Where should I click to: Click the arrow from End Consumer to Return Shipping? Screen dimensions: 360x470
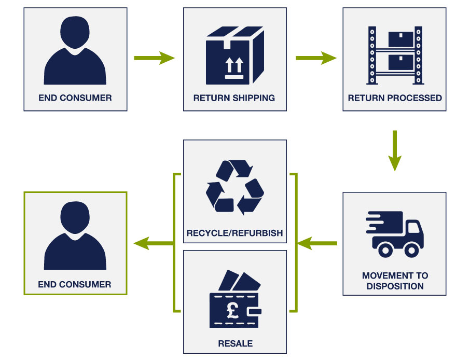pyautogui.click(x=154, y=58)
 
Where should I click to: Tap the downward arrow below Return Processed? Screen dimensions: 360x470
pyautogui.click(x=395, y=150)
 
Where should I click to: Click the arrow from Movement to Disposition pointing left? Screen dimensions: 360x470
pyautogui.click(x=317, y=243)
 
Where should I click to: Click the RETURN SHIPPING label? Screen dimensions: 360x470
pyautogui.click(x=234, y=98)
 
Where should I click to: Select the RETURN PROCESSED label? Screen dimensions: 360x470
pyautogui.click(x=395, y=98)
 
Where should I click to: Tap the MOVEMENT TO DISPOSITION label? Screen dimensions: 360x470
pyautogui.click(x=395, y=281)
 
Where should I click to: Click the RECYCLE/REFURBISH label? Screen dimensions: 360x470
pyautogui.click(x=234, y=233)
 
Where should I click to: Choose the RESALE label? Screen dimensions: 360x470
pyautogui.click(x=235, y=343)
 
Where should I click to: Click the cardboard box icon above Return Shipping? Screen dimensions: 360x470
pyautogui.click(x=234, y=56)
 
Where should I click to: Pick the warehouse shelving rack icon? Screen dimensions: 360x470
pyautogui.click(x=395, y=56)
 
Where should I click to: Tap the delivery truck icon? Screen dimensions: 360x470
pyautogui.click(x=395, y=233)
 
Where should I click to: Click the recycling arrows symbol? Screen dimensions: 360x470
pyautogui.click(x=234, y=187)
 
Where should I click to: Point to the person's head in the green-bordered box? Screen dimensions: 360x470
pyautogui.click(x=75, y=216)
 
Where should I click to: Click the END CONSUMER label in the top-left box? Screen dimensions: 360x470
pyautogui.click(x=75, y=98)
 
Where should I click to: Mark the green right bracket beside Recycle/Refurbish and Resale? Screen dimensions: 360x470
pyautogui.click(x=295, y=243)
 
